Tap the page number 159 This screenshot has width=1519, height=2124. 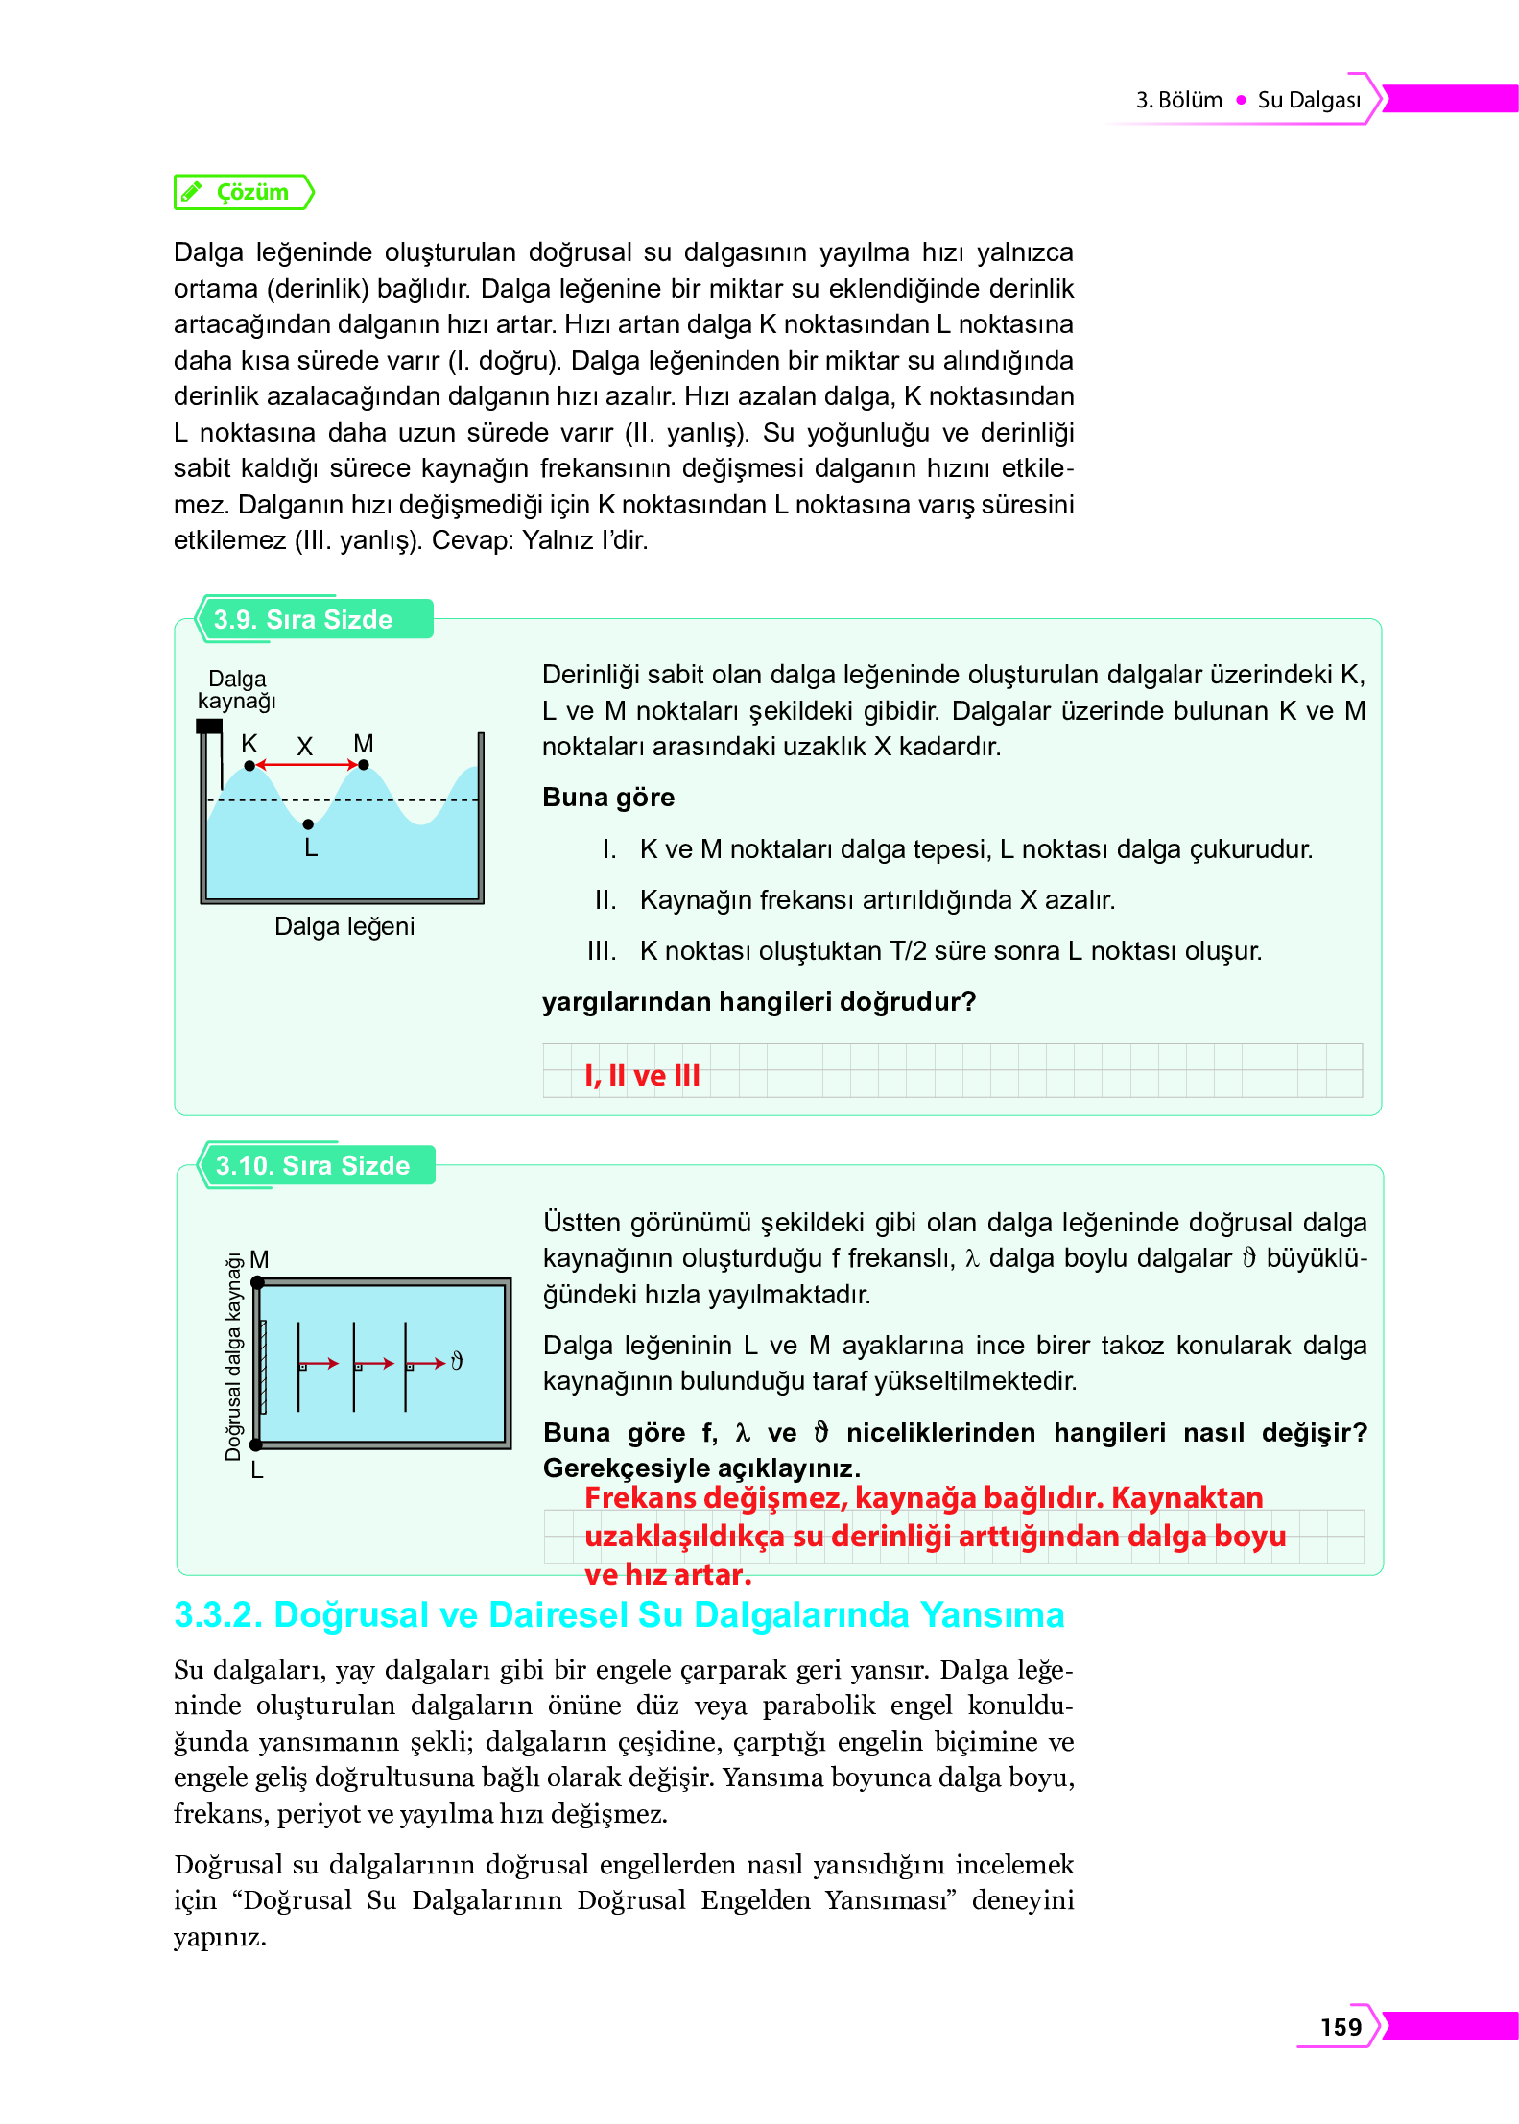tap(1340, 2026)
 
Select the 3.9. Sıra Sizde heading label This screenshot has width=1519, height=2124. tap(302, 619)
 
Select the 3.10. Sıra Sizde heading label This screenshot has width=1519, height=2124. tap(312, 1165)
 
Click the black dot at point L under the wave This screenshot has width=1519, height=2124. tap(308, 823)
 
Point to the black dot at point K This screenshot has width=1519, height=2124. tap(249, 765)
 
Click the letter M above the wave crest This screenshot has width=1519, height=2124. tap(363, 743)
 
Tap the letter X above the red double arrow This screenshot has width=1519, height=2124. tap(305, 746)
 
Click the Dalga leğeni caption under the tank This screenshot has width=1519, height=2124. tap(344, 926)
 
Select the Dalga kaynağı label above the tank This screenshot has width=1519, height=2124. tap(237, 690)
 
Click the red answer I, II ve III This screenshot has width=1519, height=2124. tap(642, 1075)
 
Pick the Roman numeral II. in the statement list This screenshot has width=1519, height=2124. tap(605, 900)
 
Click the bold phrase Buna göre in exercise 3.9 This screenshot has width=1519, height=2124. tap(608, 798)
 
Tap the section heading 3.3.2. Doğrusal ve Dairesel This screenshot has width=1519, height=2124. tap(618, 1614)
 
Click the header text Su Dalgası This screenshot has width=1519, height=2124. tap(1308, 100)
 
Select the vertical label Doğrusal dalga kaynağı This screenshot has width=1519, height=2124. tap(233, 1357)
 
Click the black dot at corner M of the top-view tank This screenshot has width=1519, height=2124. tap(257, 1282)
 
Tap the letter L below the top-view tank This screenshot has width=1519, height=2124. tap(256, 1469)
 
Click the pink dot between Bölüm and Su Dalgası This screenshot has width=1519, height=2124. tap(1241, 100)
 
